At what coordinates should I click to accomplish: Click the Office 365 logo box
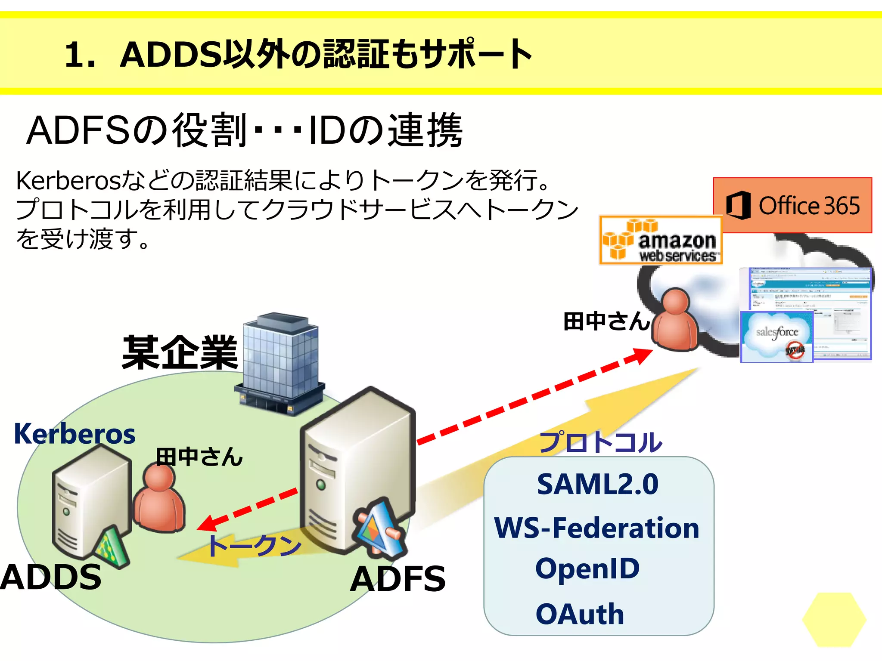[792, 205]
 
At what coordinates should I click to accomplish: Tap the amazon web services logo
[661, 240]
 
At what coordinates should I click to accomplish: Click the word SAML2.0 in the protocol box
[598, 484]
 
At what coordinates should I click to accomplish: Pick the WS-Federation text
[597, 528]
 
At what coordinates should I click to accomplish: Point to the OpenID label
[587, 568]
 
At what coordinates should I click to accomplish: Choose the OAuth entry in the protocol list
[580, 614]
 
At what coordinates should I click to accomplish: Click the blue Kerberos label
[75, 434]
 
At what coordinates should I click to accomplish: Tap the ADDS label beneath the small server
[51, 577]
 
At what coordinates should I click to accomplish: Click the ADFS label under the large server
[398, 579]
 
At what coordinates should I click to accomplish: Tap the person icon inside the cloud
[675, 319]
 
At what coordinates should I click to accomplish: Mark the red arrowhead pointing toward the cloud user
[642, 355]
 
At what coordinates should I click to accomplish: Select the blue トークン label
[254, 546]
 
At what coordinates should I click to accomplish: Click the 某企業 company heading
[180, 353]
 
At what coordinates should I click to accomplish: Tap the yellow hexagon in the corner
[834, 619]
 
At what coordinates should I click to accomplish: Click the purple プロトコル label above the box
[601, 442]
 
